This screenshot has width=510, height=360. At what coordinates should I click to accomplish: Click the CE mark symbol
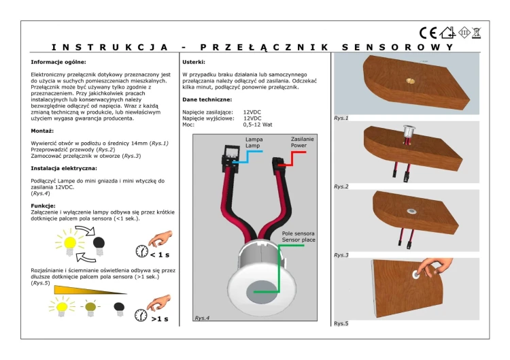(x=428, y=33)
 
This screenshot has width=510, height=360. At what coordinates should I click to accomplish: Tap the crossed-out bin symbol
(x=477, y=33)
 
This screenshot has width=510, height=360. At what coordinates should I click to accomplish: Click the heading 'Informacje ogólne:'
(x=58, y=62)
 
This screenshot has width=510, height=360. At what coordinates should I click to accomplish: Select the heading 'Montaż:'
(x=42, y=131)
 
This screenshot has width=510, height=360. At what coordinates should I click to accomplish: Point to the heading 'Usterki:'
(x=194, y=62)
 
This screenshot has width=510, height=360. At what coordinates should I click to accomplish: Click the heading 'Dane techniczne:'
(x=207, y=99)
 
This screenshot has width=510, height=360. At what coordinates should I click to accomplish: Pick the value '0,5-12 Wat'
(x=258, y=125)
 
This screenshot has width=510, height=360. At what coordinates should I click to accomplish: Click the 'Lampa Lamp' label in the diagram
(x=254, y=142)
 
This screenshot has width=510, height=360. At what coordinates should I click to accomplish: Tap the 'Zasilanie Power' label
(x=302, y=142)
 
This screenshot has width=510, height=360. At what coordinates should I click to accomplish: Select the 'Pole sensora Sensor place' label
(x=299, y=237)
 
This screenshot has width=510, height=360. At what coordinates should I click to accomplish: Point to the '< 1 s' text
(x=160, y=255)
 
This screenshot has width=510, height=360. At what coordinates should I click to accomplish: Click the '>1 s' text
(x=160, y=319)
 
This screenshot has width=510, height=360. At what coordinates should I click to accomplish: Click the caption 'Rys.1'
(x=341, y=118)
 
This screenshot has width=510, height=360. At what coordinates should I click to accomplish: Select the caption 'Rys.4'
(x=202, y=318)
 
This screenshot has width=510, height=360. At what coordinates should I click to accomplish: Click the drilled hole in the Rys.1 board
(x=409, y=80)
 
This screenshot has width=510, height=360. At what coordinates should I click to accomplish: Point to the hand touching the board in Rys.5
(x=435, y=267)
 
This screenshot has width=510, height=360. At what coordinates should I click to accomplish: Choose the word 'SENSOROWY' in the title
(x=398, y=48)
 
